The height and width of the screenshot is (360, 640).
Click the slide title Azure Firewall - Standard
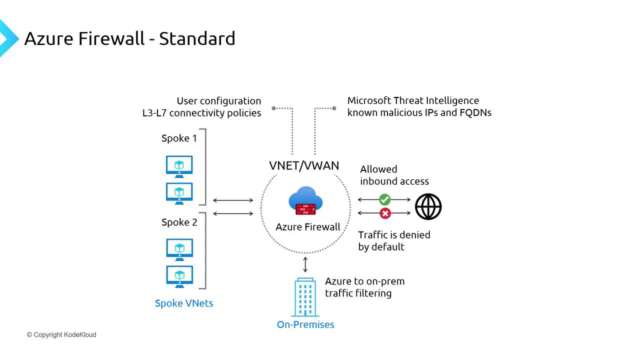pos(129,38)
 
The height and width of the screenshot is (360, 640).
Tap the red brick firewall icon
pos(305,208)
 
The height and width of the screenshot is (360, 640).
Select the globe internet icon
pos(428,206)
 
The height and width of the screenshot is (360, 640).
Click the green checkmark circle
pos(384,199)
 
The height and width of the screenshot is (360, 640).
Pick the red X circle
pos(385,213)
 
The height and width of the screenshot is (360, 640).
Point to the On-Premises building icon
pos(305,297)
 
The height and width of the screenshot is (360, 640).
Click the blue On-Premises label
pos(305,324)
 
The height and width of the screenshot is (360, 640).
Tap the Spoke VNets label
pos(184,303)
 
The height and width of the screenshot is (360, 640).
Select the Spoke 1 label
pos(179,138)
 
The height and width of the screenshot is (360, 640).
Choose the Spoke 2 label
pos(179,222)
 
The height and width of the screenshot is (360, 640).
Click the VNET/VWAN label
pos(304,165)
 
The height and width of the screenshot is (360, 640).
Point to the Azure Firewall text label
pos(308,227)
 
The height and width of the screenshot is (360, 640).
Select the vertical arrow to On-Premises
pos(305,264)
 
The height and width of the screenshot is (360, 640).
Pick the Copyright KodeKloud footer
pos(61,334)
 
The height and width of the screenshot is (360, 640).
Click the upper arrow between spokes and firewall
pos(233,200)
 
